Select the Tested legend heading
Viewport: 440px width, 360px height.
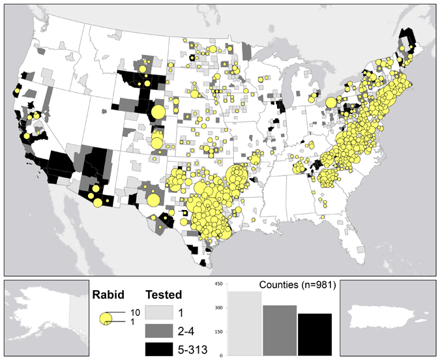click(164, 294)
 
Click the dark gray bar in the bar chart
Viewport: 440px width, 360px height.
click(280, 330)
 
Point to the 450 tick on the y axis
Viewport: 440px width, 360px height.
click(220, 284)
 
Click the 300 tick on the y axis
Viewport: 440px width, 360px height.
click(220, 308)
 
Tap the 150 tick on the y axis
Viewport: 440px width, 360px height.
click(220, 332)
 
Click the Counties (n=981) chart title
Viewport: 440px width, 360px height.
click(297, 284)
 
